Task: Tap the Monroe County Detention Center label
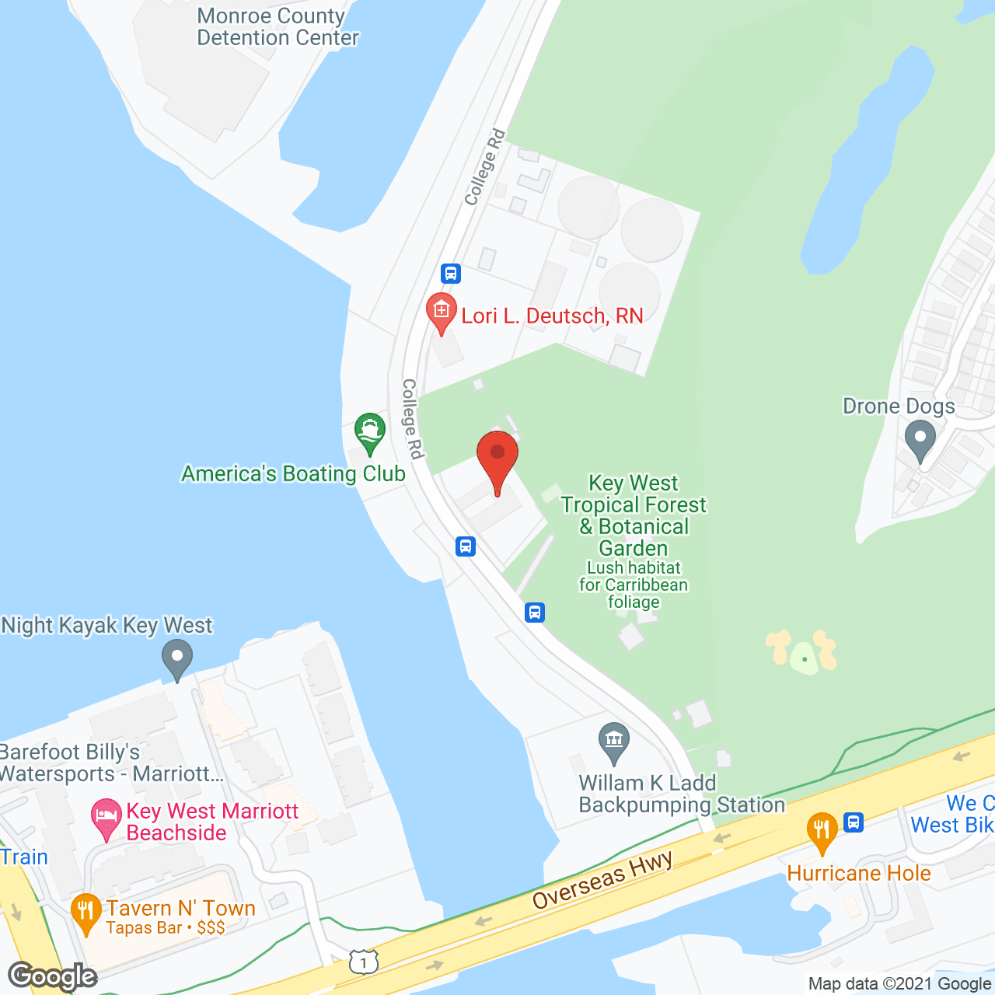tap(278, 27)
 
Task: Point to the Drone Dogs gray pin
tap(920, 440)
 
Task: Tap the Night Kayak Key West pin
tap(177, 658)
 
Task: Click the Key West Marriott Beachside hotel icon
tap(106, 819)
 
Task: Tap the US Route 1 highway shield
tap(363, 962)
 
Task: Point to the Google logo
tap(52, 976)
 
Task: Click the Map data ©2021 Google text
tap(899, 984)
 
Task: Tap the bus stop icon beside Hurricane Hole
tap(854, 822)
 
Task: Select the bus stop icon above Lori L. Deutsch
tap(451, 274)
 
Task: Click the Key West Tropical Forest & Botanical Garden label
tap(634, 515)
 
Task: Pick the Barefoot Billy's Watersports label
tap(109, 763)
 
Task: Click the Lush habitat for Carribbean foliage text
tap(634, 585)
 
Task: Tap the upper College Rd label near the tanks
tap(484, 168)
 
